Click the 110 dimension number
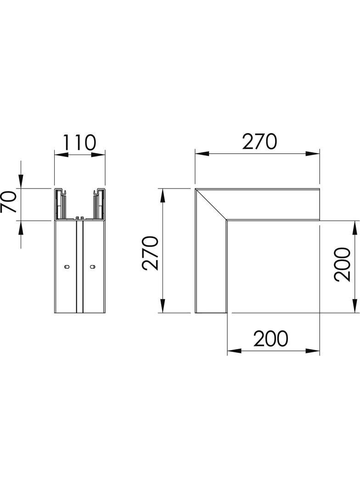[x=79, y=142]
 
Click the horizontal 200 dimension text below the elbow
[x=271, y=339]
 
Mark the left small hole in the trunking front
[x=67, y=267]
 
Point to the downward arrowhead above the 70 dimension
[x=21, y=182]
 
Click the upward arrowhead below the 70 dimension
[x=21, y=227]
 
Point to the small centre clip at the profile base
[x=79, y=218]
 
